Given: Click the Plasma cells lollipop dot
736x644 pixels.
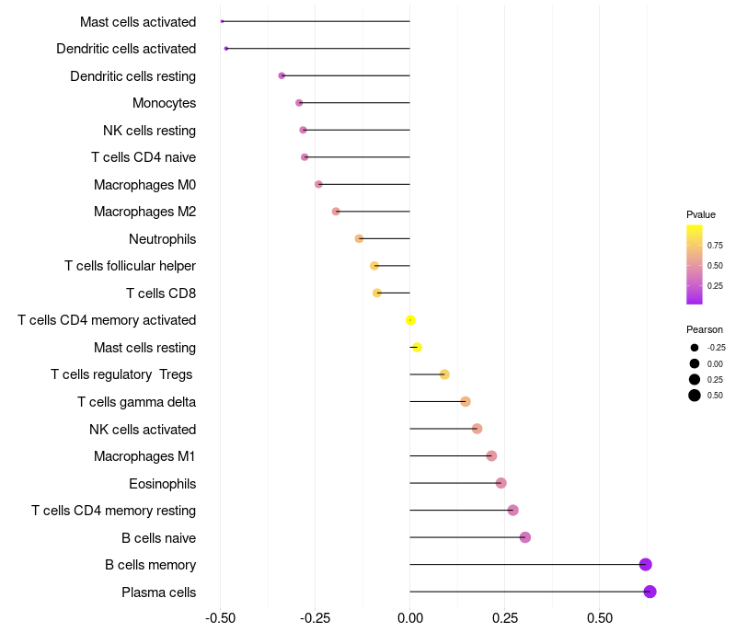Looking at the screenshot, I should click(x=650, y=592).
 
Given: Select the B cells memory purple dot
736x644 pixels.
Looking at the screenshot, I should click(x=645, y=565).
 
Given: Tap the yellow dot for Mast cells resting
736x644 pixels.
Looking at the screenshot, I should click(x=417, y=347).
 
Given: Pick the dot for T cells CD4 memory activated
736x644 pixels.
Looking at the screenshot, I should click(x=410, y=320).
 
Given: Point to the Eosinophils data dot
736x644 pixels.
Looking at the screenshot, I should click(x=500, y=483).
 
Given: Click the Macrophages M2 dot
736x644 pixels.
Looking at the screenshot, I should click(x=336, y=212).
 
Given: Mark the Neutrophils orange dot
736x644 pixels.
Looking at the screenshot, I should click(x=359, y=238).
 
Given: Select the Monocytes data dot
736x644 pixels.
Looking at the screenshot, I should click(x=299, y=103).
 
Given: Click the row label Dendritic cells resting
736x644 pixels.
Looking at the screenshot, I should click(x=132, y=75).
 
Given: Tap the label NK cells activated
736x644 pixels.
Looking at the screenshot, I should click(x=143, y=429).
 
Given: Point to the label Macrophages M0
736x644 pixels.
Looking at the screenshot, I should click(x=144, y=185).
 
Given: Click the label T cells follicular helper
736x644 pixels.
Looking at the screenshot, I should click(x=130, y=266).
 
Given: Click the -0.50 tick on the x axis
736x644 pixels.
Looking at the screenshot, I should click(x=220, y=617).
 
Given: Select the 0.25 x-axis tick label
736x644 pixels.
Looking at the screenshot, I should click(x=504, y=617).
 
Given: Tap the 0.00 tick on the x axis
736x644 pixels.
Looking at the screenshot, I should click(x=409, y=617).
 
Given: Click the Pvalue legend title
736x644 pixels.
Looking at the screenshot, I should click(x=701, y=214).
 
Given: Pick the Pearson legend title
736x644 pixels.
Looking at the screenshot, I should click(x=704, y=329).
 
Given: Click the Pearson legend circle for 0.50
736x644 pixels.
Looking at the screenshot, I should click(x=695, y=396).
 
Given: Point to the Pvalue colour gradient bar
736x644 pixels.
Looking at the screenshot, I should click(x=695, y=264).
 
